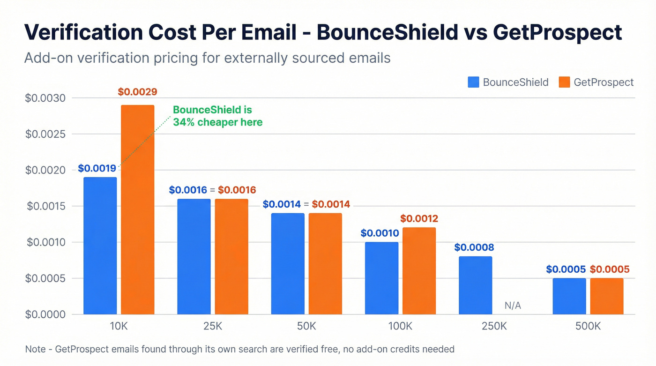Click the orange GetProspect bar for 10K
click(x=137, y=209)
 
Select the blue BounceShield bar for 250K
click(x=475, y=285)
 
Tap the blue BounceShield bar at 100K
click(x=381, y=278)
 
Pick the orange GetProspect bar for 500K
click(x=607, y=296)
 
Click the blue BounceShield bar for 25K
click(x=194, y=256)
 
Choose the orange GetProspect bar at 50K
click(x=325, y=263)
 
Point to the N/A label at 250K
click(x=513, y=306)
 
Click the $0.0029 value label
click(x=137, y=92)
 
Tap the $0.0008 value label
click(x=474, y=247)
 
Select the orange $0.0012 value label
click(x=419, y=218)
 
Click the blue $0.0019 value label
click(x=97, y=168)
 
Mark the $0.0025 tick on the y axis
click(x=45, y=134)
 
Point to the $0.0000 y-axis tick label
click(x=45, y=314)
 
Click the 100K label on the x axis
click(x=400, y=326)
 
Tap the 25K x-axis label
click(x=212, y=326)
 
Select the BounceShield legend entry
click(x=508, y=82)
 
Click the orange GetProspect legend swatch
click(x=565, y=82)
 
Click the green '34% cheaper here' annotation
click(x=217, y=116)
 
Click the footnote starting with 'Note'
click(x=239, y=349)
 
